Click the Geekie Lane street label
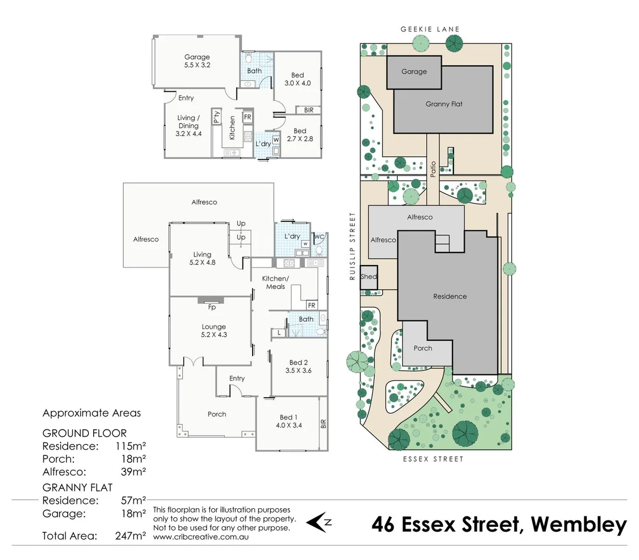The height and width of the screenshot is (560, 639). (430, 30)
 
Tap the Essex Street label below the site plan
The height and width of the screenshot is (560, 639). (433, 459)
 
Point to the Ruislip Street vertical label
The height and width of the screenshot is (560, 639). (353, 246)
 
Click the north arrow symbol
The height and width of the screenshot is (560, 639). (318, 522)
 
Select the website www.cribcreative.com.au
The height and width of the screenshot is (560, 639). (200, 537)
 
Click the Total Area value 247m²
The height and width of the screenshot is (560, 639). (130, 536)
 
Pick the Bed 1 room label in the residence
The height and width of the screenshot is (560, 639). (288, 421)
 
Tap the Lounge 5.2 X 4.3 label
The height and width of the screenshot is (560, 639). (214, 331)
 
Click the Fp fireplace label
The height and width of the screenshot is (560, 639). (212, 307)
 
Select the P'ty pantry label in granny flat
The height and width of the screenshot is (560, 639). (217, 117)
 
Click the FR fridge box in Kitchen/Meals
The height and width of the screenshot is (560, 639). (311, 305)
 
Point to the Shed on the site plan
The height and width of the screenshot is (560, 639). (369, 277)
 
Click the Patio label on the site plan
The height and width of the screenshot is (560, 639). (433, 169)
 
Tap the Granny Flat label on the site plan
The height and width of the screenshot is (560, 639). (444, 104)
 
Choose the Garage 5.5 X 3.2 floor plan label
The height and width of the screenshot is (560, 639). (197, 61)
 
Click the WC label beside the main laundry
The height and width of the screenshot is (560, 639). (319, 237)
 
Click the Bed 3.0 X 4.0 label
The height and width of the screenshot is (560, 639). (298, 79)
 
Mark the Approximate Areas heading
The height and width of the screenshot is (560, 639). (92, 413)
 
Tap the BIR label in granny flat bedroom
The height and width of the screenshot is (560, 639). (309, 110)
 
